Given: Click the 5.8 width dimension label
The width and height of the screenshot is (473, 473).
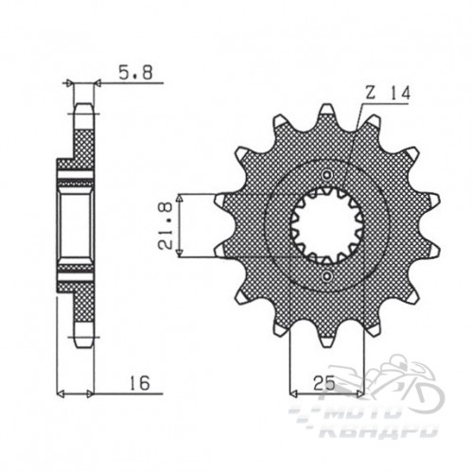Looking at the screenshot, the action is [135, 73].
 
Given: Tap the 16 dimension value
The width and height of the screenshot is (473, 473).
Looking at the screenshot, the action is [139, 383].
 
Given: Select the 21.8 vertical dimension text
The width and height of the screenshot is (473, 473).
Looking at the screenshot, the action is [166, 226].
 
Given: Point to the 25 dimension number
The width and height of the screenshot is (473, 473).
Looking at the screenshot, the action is [324, 384].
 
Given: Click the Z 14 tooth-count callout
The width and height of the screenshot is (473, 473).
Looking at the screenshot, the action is [388, 94].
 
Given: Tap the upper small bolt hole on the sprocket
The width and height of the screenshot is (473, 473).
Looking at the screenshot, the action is [326, 175].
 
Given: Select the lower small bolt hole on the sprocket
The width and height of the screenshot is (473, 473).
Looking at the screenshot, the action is [326, 277].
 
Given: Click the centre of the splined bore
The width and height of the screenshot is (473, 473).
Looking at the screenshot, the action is [326, 226].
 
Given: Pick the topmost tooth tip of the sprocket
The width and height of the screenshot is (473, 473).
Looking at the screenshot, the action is [326, 106].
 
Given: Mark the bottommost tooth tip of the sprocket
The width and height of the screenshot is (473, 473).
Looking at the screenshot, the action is [326, 346].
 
